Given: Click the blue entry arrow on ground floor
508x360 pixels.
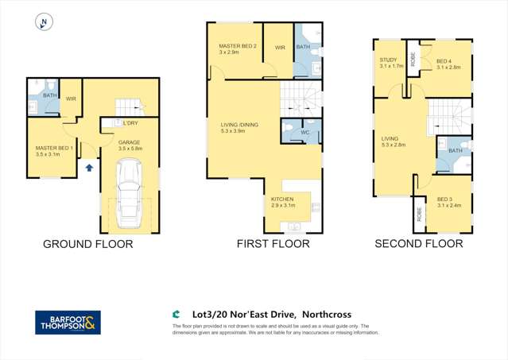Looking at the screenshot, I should coord(89,168).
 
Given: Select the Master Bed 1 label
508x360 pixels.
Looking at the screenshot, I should coord(54,149).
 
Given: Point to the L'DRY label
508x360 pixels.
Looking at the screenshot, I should coord(130,123).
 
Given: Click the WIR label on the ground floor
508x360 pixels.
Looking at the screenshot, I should coord(71,99).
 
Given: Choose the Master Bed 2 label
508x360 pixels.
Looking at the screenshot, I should coord(238,47).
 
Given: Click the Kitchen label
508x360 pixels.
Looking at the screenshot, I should coord(283,199).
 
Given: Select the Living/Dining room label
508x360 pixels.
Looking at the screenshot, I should coord(239,125).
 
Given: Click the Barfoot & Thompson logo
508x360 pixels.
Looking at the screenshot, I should coord(68,323).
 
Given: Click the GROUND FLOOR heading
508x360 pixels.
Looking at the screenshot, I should coord(88,244).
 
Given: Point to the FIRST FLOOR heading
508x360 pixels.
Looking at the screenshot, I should coord(273,244).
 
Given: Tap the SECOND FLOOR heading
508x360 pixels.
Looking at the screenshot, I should coord(418,244).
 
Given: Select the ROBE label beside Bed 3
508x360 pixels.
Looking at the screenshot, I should coord(418,215).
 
